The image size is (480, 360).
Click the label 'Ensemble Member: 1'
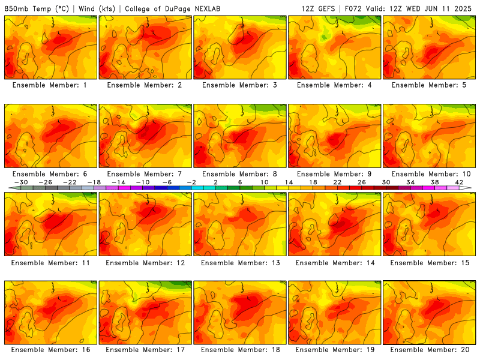(x=50, y=85)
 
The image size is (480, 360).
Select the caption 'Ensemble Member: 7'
(x=144, y=174)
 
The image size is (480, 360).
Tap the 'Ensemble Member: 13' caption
(x=241, y=263)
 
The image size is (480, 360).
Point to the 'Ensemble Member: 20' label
(x=430, y=350)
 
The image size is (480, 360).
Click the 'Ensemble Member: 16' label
(x=51, y=350)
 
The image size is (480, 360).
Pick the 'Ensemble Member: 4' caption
(x=334, y=85)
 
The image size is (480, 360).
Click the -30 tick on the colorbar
(x=21, y=182)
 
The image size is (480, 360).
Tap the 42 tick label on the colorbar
(x=459, y=182)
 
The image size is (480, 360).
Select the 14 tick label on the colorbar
(x=289, y=182)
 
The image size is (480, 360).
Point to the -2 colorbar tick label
(x=191, y=182)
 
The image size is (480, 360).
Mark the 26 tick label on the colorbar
(x=362, y=182)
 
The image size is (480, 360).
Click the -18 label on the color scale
(x=94, y=182)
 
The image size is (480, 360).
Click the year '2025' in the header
(x=463, y=8)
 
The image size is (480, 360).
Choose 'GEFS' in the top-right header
(x=326, y=8)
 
